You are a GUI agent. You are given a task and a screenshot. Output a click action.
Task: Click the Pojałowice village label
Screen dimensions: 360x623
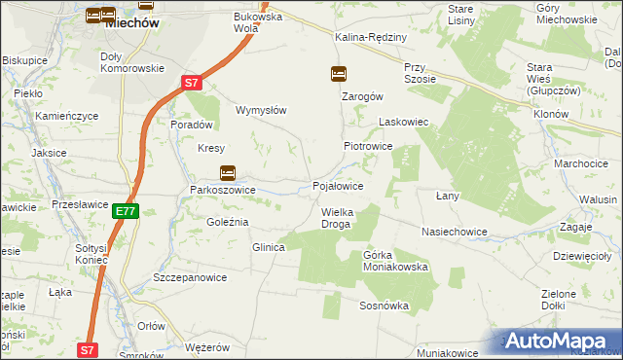pos(338,185)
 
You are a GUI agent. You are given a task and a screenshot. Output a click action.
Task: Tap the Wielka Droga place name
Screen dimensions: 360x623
pos(336,218)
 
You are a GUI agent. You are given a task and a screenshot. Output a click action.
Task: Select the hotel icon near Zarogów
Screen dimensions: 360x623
pos(338,73)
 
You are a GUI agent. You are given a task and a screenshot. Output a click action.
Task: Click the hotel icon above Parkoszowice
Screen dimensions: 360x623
pos(227,173)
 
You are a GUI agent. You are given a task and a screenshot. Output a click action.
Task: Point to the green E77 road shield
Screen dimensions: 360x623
pos(125,210)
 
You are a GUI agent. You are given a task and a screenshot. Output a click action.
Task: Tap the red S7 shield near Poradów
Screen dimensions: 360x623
pos(193,83)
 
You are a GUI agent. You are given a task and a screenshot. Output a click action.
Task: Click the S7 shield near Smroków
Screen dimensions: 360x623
pos(88,349)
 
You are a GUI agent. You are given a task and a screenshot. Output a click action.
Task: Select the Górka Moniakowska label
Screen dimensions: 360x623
pos(395,260)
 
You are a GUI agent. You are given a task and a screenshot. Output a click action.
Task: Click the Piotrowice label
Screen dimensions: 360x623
pos(367,145)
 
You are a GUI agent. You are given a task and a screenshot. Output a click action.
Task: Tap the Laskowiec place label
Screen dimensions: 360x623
pos(403,123)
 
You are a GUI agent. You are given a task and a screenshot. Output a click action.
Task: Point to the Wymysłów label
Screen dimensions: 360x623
pos(261,110)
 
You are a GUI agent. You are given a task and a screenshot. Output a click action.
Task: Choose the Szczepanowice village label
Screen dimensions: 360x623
pos(190,277)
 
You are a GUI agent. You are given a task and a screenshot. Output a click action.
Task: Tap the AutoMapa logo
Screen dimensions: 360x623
pos(561,341)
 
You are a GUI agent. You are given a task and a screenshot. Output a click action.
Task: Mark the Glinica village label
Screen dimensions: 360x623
pos(268,247)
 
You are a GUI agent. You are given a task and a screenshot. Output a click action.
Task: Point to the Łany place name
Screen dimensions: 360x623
pos(447,196)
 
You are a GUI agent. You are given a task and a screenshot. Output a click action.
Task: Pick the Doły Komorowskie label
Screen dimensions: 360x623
pos(131,62)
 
